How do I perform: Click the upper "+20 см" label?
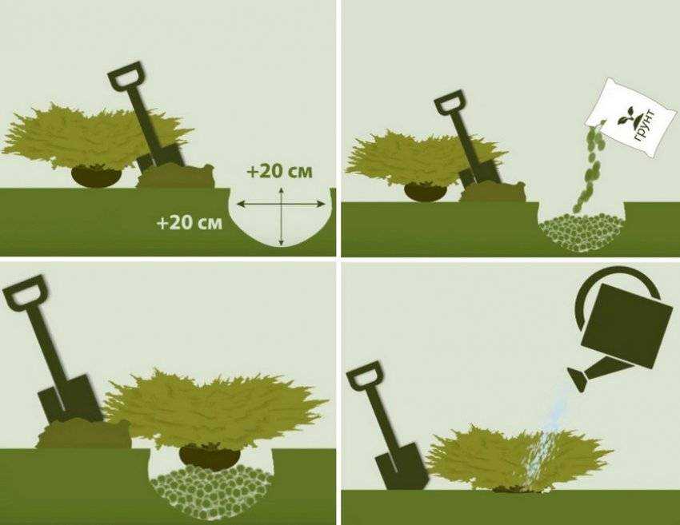(279, 172)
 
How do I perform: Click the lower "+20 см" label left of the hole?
(190, 223)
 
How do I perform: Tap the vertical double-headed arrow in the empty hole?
(282, 217)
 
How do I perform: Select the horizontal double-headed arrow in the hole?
(281, 204)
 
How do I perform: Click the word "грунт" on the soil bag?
(645, 125)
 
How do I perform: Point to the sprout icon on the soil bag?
(626, 116)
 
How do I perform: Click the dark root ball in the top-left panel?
(96, 176)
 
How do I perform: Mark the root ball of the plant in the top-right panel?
(425, 192)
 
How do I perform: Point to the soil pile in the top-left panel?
(176, 176)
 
